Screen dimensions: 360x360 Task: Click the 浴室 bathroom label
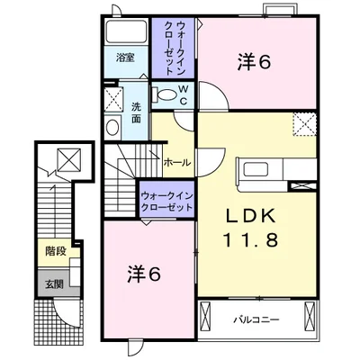125,58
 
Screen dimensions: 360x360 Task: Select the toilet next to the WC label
166,94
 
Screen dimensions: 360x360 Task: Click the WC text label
182,94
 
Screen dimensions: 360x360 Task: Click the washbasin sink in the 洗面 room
112,127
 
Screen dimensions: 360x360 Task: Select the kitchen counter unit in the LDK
261,169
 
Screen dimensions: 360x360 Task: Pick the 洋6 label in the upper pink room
256,62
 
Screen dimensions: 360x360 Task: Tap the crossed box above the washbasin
112,98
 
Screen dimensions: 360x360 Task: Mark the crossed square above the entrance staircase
67,161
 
